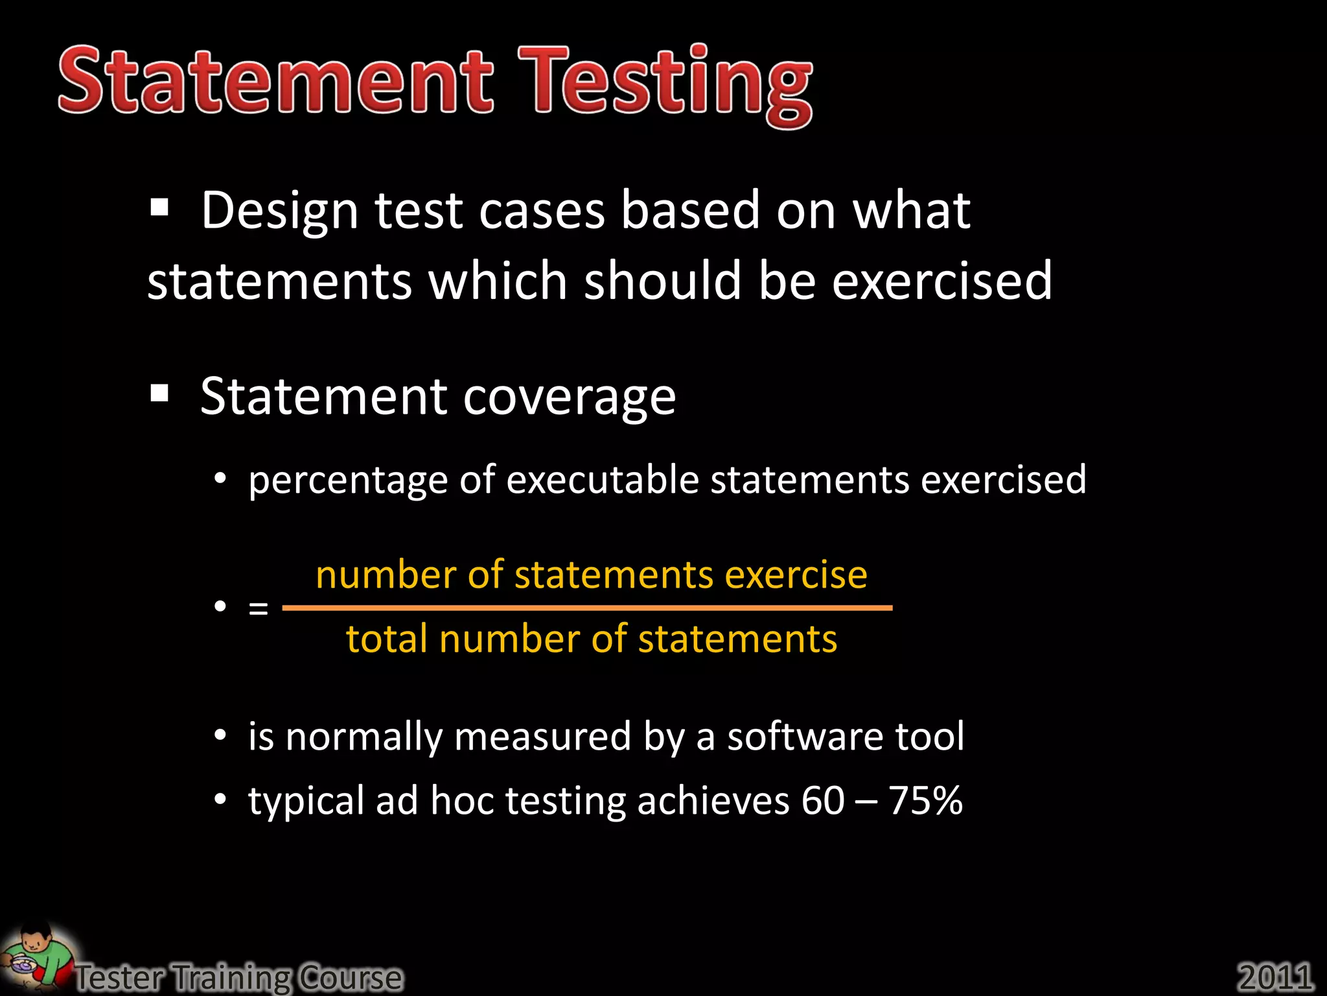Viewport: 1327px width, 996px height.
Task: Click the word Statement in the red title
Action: [x=275, y=81]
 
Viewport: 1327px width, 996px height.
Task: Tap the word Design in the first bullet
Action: [x=279, y=211]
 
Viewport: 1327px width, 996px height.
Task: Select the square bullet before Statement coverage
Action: [x=159, y=393]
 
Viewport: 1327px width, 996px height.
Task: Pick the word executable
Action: [x=603, y=480]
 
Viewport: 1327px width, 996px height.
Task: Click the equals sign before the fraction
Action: [x=258, y=608]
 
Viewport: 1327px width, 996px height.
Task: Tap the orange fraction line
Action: [x=587, y=608]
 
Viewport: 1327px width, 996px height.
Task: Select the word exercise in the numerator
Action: [x=796, y=575]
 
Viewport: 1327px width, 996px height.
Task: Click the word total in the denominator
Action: [x=386, y=639]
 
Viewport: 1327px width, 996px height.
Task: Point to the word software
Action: [x=804, y=737]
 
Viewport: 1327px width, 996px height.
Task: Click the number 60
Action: [x=823, y=801]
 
